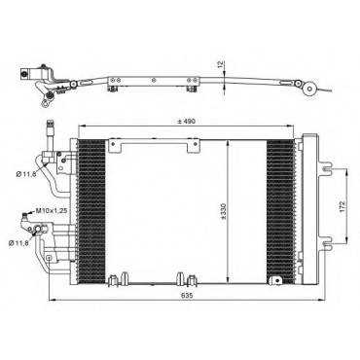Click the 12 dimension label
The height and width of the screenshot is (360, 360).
pos(221,65)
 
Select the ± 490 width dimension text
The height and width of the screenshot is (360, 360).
pos(186,122)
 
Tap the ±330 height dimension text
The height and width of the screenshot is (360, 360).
pos(224,211)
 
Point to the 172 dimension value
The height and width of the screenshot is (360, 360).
pos(343,206)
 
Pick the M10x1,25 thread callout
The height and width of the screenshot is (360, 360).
pos(52,211)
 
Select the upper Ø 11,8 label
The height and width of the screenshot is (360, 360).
pos(26,174)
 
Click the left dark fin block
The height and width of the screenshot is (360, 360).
pos(91,212)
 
